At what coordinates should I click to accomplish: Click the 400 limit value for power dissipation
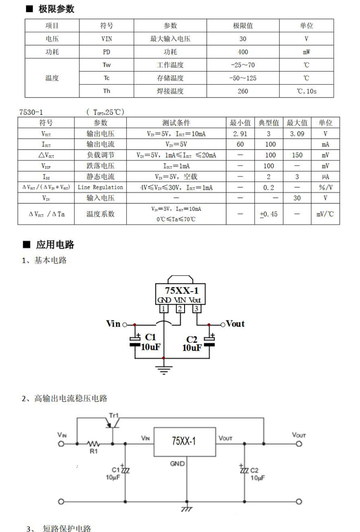243,52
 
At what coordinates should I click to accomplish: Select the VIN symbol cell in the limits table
107,39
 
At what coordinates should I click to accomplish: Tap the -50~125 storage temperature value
242,78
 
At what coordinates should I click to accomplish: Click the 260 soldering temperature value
243,91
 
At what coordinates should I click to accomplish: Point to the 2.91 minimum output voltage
240,134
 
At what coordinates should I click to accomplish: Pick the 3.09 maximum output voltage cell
297,134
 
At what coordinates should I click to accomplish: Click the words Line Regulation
100,187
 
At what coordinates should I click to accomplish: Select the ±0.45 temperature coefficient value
269,214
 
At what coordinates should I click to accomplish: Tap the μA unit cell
325,177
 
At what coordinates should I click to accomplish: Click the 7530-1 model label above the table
31,112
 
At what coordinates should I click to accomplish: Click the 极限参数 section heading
56,9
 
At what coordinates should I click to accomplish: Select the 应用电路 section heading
55,244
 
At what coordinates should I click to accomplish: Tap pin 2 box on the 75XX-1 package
180,309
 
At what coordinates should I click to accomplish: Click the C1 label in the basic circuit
150,337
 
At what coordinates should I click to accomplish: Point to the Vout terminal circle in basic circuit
223,325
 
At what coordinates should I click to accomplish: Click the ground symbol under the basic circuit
164,369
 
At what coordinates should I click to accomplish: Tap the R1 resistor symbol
93,444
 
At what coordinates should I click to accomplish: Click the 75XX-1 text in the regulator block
184,441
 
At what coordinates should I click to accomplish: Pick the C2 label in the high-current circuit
254,470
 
